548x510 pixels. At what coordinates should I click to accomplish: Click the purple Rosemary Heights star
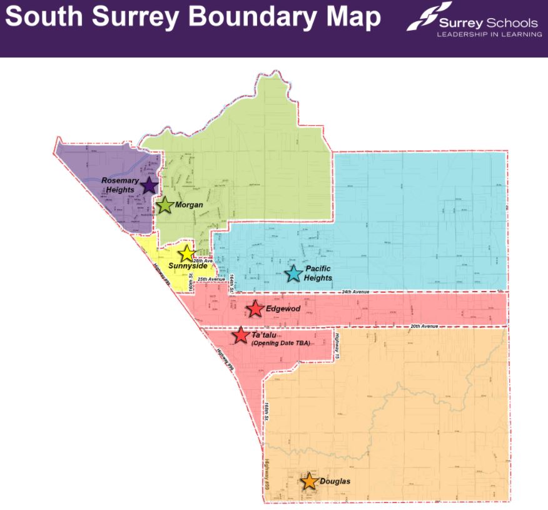149,185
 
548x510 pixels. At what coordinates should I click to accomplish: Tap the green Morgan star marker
165,205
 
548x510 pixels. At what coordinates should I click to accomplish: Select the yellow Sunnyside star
186,253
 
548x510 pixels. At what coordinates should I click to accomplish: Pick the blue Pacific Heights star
293,273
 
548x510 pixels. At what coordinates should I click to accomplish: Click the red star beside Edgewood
255,309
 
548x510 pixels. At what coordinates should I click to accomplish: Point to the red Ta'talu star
240,335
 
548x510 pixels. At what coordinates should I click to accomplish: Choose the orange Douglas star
308,481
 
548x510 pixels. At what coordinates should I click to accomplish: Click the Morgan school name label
190,205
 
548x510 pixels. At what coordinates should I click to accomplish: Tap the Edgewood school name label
283,309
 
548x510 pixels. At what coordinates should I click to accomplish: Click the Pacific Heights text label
318,273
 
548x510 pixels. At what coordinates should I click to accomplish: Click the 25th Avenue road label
211,278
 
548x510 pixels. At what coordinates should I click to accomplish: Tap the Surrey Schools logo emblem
429,16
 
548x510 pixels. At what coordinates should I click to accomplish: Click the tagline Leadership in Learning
489,34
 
